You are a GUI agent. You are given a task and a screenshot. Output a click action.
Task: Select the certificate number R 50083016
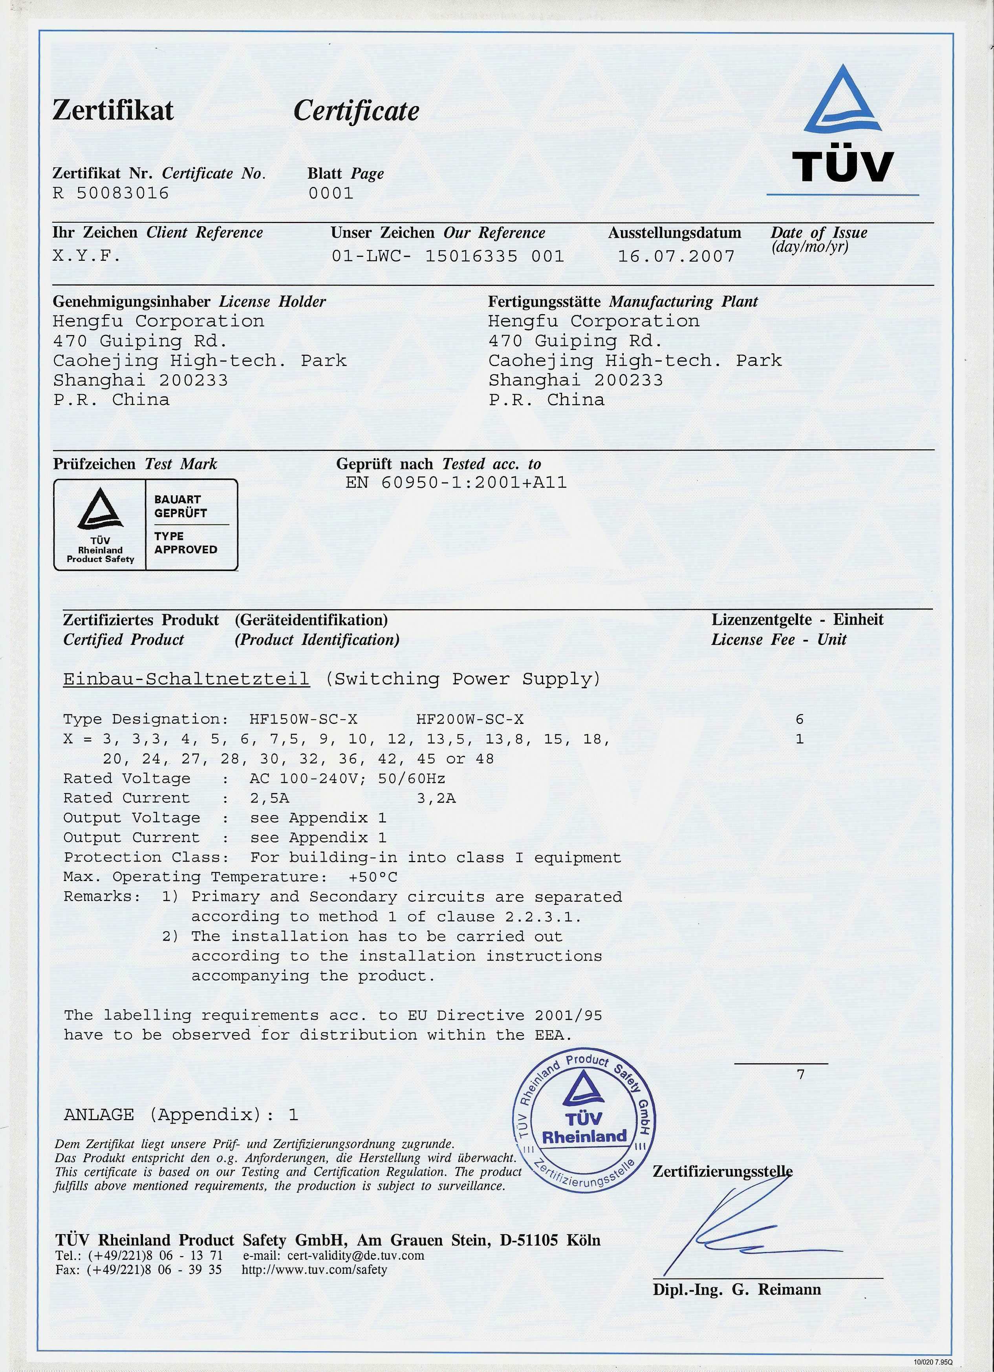[111, 194]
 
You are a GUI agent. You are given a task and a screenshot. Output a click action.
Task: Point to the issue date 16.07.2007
[676, 256]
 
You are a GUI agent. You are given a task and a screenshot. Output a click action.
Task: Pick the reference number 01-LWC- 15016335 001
[448, 256]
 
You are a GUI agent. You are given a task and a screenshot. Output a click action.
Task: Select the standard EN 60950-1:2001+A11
[456, 483]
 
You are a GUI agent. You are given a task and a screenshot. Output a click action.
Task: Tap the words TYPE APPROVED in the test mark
[185, 542]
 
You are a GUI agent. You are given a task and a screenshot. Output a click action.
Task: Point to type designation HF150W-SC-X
[303, 719]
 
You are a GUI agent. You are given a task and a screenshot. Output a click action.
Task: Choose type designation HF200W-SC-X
[470, 719]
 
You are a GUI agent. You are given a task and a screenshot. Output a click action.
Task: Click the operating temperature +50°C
[373, 877]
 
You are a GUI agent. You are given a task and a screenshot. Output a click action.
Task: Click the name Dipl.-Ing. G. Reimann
[737, 1290]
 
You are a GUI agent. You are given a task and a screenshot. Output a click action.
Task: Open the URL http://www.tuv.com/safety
[314, 1270]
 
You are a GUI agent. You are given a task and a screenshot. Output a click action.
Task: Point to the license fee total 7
[800, 1075]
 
